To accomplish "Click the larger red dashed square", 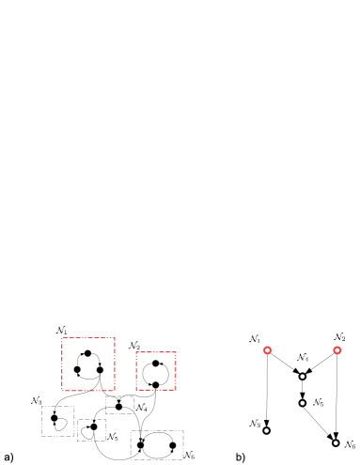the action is point(88,364).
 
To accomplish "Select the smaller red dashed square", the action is point(155,371).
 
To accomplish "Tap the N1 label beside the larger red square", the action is point(61,331).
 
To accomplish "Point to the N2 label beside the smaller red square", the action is point(133,345).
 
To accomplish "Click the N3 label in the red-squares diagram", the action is point(37,400).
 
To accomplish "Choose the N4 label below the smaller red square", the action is point(141,407).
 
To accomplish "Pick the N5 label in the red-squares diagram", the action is point(113,437).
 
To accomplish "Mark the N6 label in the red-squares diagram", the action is point(189,455).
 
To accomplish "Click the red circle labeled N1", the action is point(267,350).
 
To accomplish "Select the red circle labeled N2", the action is point(337,350).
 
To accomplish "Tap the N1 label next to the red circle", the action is point(255,338).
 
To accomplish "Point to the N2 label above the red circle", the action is point(338,336).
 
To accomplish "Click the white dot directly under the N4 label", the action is point(303,377).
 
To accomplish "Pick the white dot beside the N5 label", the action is point(303,403).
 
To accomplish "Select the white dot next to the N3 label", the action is point(266,430).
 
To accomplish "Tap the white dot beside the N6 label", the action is point(336,442).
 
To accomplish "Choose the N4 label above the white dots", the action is point(303,357).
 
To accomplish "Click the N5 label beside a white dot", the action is point(318,402).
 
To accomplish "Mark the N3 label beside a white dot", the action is point(255,423).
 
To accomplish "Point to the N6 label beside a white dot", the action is point(350,444).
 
